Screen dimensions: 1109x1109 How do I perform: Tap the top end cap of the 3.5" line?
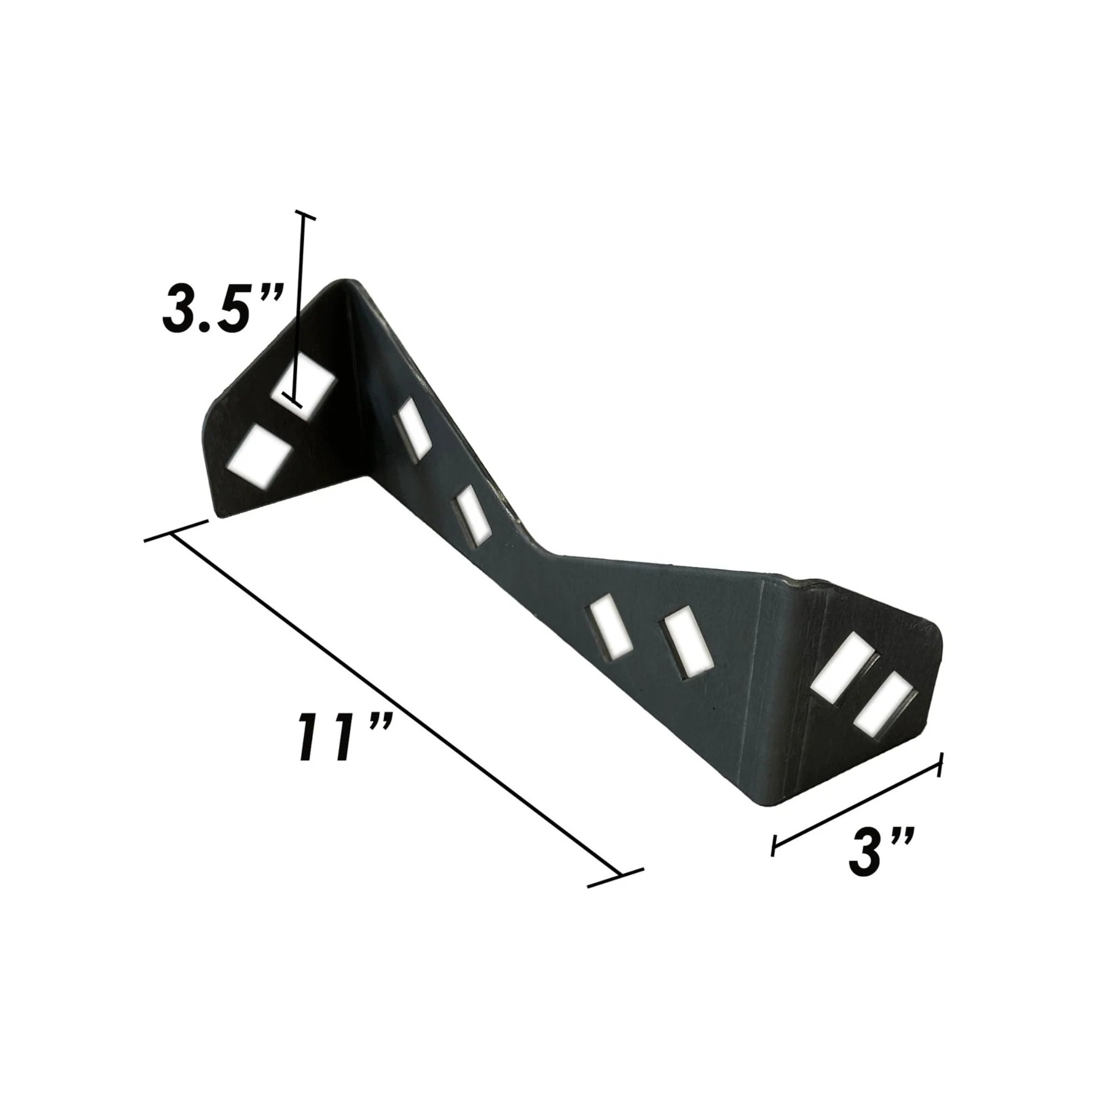coord(304,216)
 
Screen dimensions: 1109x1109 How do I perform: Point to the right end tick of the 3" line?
coord(940,766)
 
